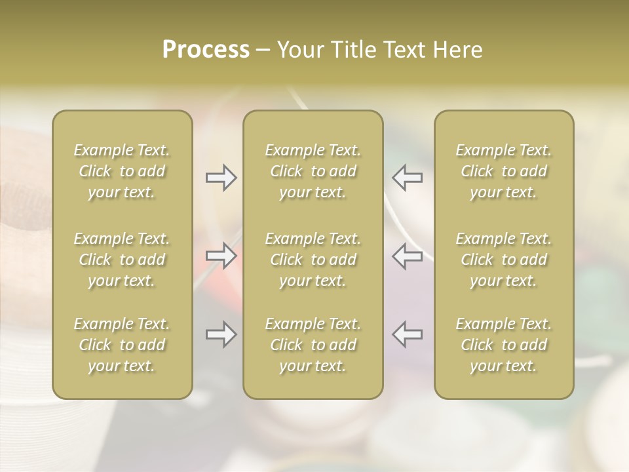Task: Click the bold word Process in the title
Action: (x=206, y=50)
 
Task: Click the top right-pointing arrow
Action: (x=221, y=177)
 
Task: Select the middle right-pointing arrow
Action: (x=221, y=256)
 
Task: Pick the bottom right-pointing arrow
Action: (x=221, y=334)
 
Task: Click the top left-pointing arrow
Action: (x=408, y=177)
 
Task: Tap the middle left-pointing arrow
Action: (x=408, y=256)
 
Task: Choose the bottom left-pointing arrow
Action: (x=408, y=334)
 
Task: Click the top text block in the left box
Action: (x=122, y=171)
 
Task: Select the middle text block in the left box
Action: (x=122, y=260)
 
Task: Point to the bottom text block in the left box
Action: (x=122, y=345)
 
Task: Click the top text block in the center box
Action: (x=313, y=171)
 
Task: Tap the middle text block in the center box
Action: (x=313, y=260)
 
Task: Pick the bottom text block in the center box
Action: (x=313, y=345)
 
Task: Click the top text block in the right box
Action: (x=504, y=171)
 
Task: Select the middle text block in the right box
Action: (x=504, y=260)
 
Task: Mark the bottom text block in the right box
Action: (x=504, y=345)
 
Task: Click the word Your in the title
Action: (x=299, y=50)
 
